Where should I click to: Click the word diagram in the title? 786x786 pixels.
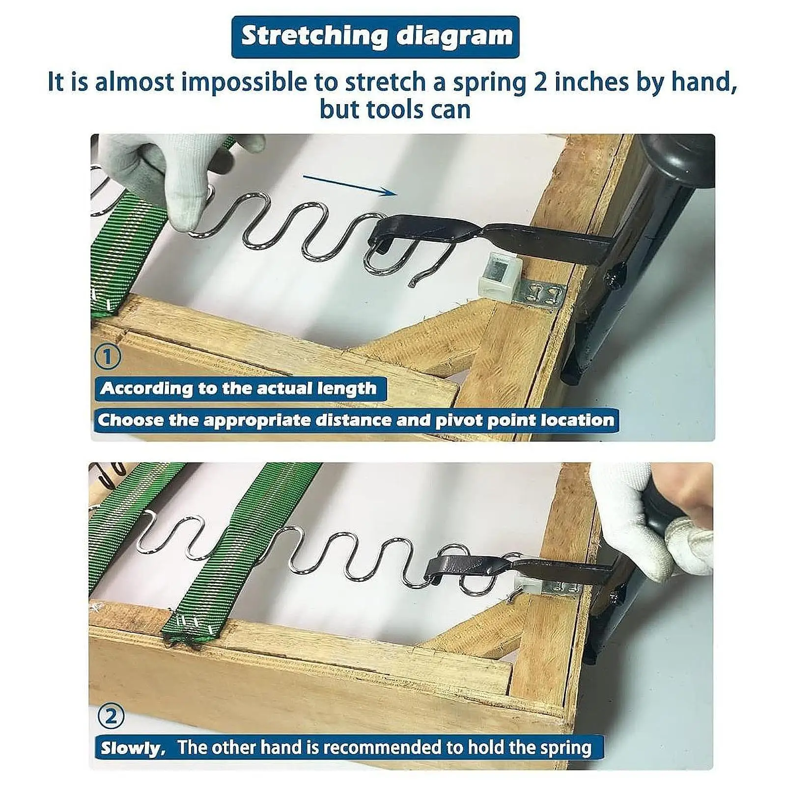(x=454, y=37)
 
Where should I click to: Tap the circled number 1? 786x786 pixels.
(x=107, y=357)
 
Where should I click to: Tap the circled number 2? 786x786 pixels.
(x=111, y=717)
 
